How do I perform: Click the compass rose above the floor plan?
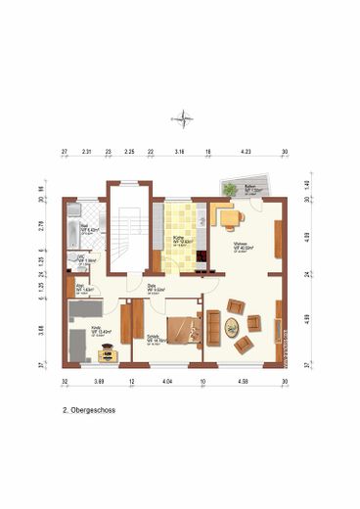[x=181, y=120]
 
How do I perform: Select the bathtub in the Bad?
[x=73, y=230]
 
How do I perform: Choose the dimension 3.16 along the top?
[x=179, y=153]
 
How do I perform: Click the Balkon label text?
[x=249, y=190]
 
